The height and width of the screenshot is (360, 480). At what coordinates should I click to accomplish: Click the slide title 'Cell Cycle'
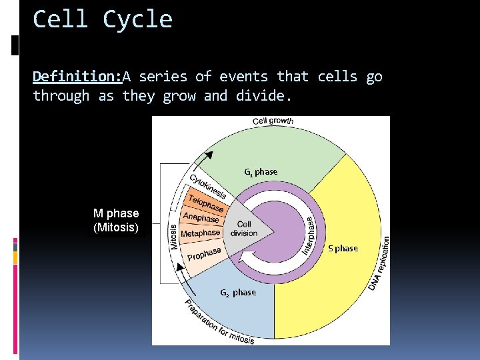point(103,19)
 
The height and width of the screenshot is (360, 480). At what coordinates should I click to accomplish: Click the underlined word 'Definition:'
point(77,77)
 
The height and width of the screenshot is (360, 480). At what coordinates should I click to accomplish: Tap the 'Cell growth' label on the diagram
point(273,121)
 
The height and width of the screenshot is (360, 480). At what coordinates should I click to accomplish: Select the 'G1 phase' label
point(261,172)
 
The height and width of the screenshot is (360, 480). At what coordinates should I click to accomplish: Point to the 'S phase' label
point(343,249)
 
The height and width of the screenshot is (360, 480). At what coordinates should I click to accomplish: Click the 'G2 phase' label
point(238,293)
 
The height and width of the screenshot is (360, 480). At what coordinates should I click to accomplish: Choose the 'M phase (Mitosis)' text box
point(116,221)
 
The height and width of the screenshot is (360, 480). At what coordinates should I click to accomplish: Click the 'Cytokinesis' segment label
point(208,187)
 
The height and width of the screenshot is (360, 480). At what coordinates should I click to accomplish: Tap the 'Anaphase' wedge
point(201,218)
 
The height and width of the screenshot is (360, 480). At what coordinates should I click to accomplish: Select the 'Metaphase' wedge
point(200,233)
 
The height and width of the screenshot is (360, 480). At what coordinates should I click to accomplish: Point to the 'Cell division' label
point(244,229)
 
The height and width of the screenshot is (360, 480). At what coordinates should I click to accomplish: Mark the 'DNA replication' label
point(381,263)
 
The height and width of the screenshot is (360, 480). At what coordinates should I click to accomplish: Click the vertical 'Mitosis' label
point(174,236)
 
